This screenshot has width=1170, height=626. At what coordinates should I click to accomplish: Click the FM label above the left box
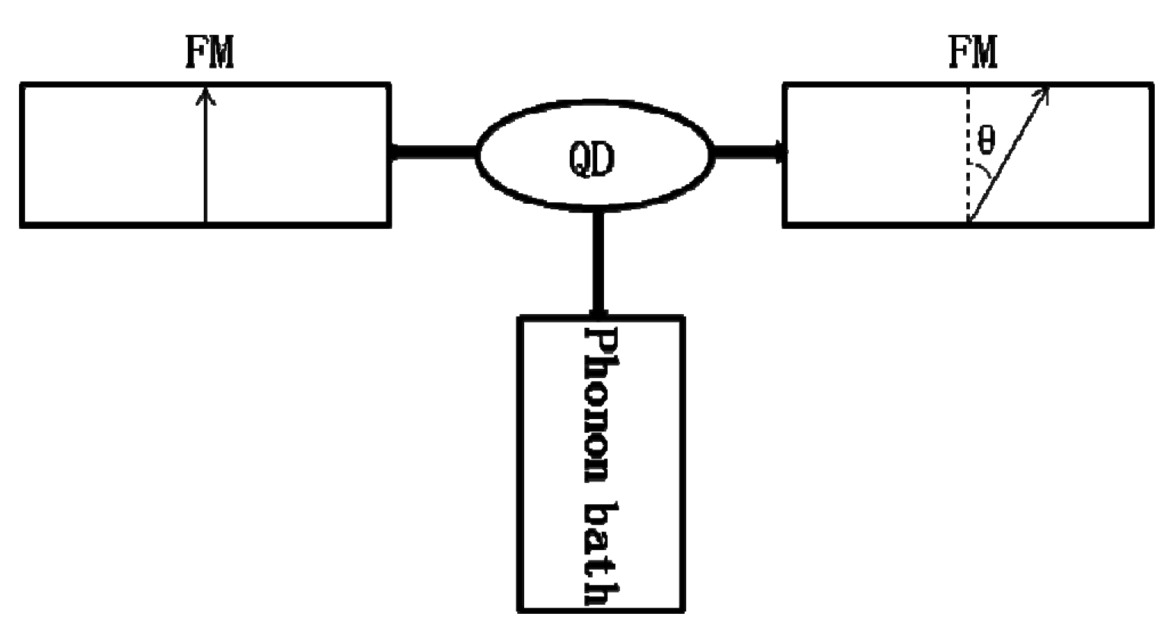[x=210, y=53]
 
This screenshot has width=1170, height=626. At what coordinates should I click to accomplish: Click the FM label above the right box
[x=974, y=53]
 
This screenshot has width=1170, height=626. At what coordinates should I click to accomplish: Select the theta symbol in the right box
[x=986, y=141]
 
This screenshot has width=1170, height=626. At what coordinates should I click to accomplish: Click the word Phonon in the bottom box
[x=599, y=403]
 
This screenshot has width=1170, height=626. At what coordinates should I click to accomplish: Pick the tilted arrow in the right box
[x=1008, y=156]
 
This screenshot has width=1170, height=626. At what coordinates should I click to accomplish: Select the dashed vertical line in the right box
[x=968, y=152]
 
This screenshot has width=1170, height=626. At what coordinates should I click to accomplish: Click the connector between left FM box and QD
[x=434, y=152]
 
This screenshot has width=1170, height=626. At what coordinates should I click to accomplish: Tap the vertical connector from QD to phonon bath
[x=599, y=262]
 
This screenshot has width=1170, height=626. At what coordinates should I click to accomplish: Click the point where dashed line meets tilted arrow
[x=968, y=221]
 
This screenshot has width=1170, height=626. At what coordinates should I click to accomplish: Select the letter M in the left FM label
[x=221, y=53]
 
